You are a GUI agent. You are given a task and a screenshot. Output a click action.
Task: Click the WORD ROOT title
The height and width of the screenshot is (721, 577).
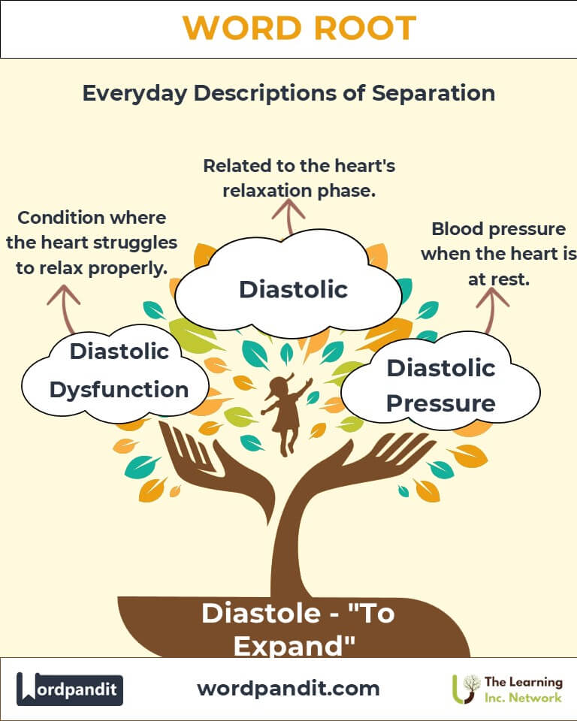coord(299,28)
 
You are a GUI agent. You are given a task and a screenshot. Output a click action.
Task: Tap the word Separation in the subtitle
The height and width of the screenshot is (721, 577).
coord(434,93)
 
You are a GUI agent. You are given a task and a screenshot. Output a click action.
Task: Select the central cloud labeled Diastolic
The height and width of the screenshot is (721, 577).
coord(289,285)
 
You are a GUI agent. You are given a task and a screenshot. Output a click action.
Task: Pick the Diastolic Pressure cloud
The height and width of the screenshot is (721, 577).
coord(441,382)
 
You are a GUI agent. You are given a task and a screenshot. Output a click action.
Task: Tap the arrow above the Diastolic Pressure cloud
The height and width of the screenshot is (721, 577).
coord(491,309)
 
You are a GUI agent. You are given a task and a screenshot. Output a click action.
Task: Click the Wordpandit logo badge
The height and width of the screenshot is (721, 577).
coord(69,689)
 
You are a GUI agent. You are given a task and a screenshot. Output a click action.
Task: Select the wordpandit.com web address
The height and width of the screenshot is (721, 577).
coord(288,689)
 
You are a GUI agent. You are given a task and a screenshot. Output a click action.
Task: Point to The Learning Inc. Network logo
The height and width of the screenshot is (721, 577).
coord(507,689)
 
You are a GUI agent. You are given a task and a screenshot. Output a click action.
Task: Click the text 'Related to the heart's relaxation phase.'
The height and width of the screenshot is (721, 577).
coord(299,179)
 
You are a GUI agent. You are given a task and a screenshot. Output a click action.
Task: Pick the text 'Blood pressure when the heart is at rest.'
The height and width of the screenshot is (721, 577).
coord(499,254)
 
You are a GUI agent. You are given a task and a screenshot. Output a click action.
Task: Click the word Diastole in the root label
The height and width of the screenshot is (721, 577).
coord(261,614)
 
